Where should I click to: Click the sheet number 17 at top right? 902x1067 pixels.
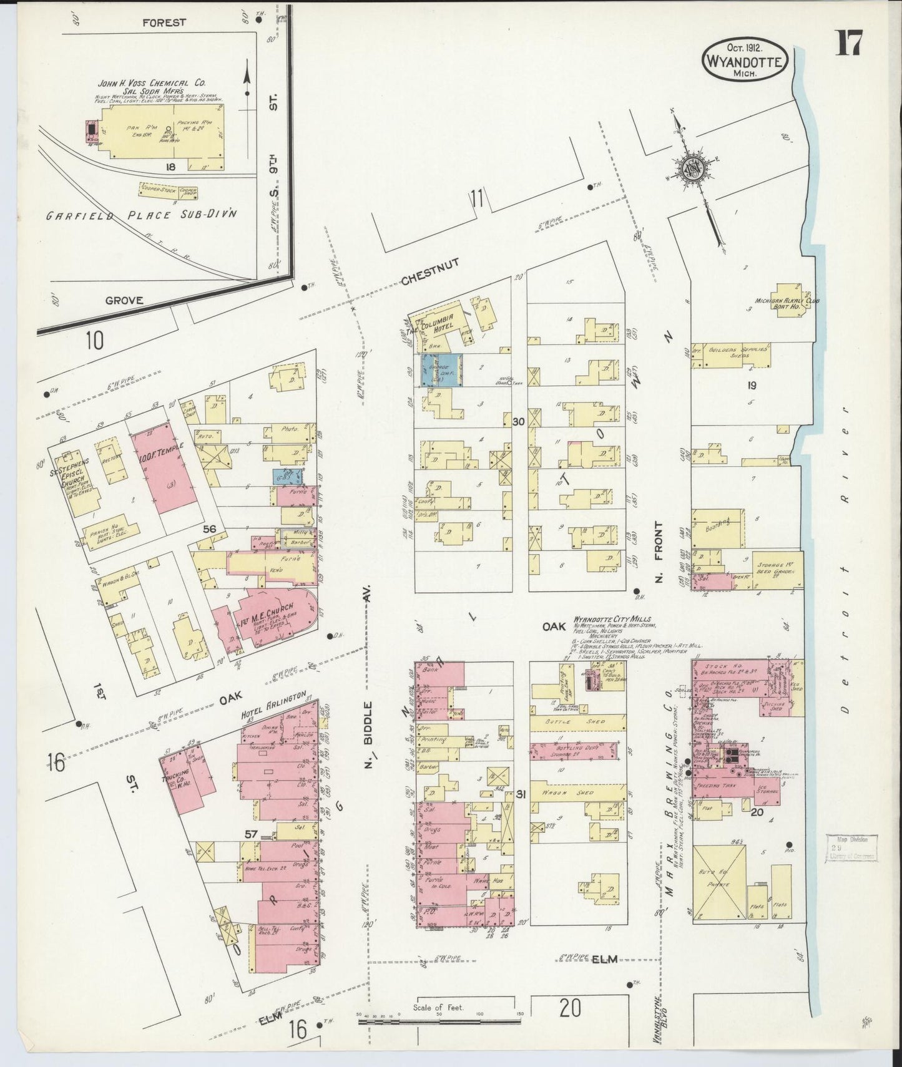point(849,43)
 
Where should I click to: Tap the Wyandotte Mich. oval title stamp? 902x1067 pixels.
point(745,60)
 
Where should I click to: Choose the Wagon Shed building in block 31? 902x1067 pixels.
point(578,792)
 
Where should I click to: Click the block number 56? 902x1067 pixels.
point(209,529)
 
